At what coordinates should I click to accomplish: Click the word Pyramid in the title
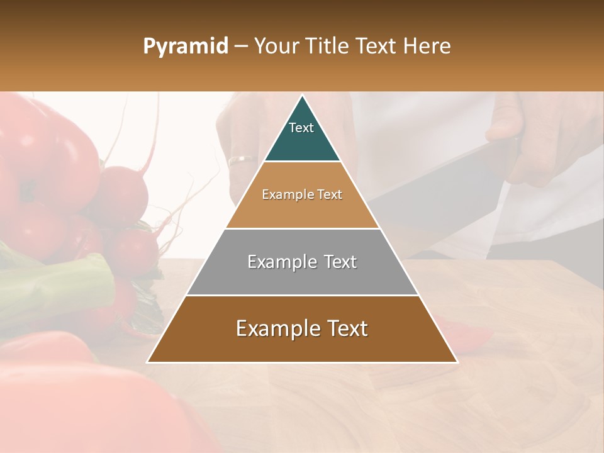185,47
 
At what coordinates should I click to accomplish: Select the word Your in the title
275,47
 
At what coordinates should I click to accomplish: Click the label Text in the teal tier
301,128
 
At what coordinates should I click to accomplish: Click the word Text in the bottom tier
343,328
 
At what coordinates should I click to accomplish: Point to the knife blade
434,189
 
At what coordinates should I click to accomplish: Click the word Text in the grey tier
336,262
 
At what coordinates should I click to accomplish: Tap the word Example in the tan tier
284,194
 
